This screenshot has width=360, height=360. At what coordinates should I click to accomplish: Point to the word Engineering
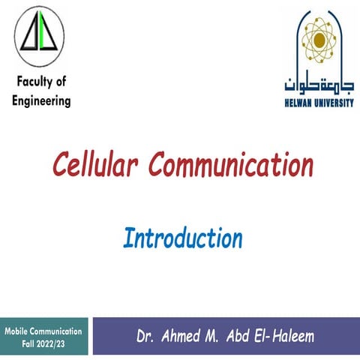click(x=42, y=100)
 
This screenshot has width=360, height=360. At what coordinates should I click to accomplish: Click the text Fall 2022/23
click(x=43, y=341)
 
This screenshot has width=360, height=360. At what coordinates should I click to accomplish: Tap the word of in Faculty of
click(x=63, y=82)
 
